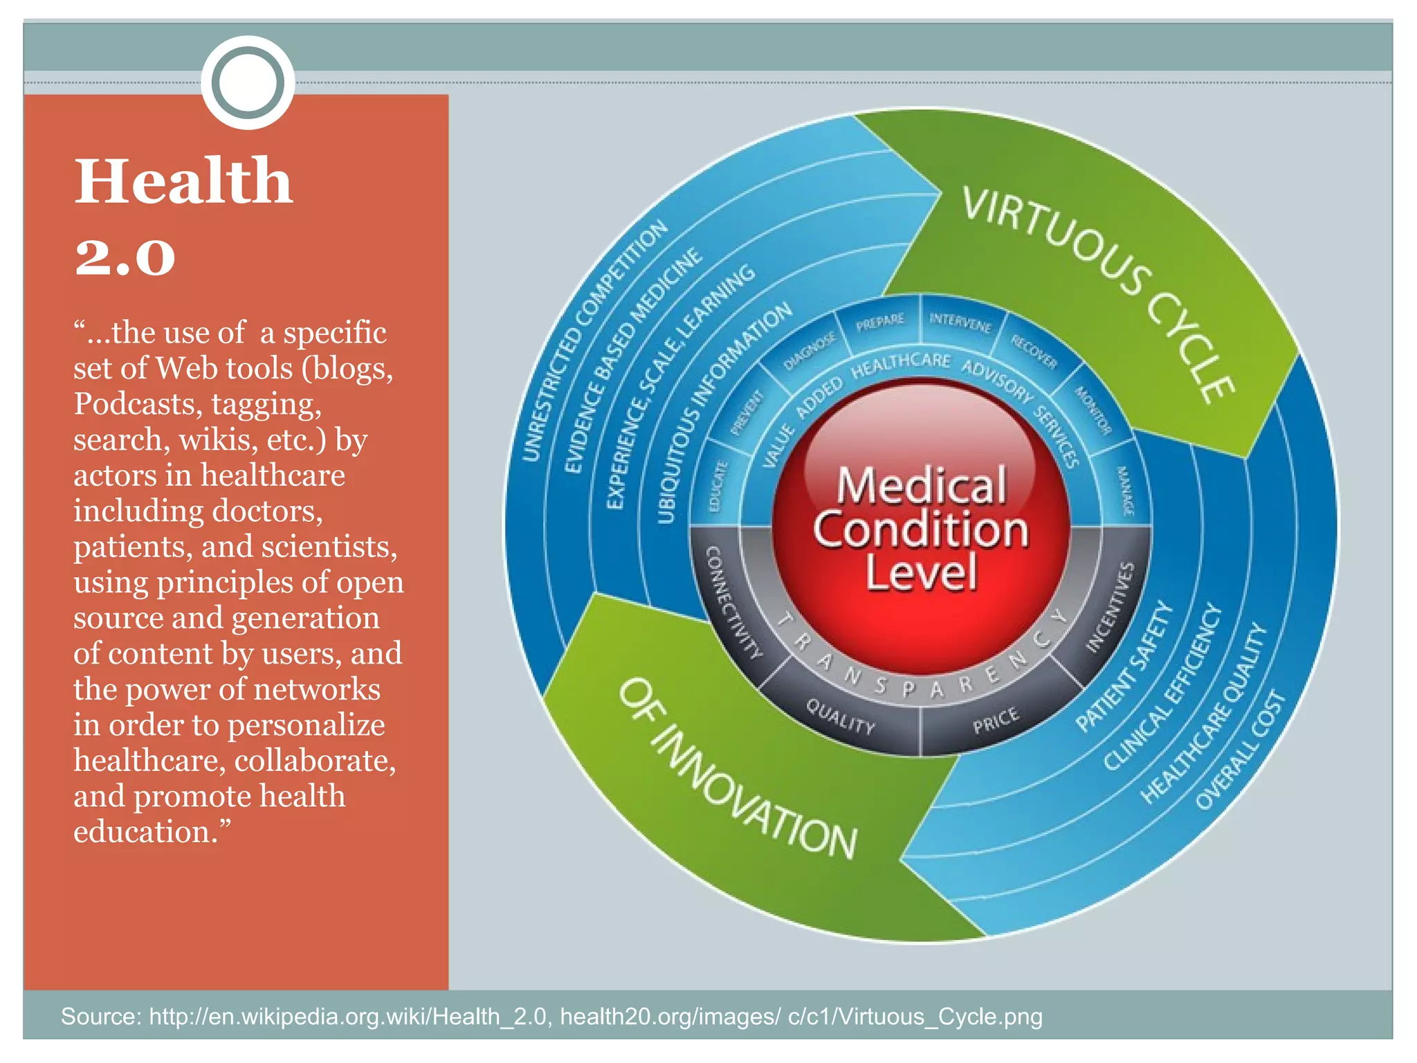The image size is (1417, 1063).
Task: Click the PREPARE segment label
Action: pyautogui.click(x=880, y=322)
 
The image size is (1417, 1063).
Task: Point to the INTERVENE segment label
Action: pyautogui.click(x=960, y=322)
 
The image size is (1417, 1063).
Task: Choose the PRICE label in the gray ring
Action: pyautogui.click(x=996, y=720)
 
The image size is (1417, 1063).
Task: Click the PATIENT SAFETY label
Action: pyautogui.click(x=1124, y=667)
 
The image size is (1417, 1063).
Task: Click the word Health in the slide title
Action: pyautogui.click(x=183, y=181)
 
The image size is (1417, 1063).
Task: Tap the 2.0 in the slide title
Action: pyautogui.click(x=125, y=257)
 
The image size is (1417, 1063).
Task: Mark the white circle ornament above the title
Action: pyautogui.click(x=248, y=82)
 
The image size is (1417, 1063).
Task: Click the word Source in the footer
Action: pyautogui.click(x=100, y=1016)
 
